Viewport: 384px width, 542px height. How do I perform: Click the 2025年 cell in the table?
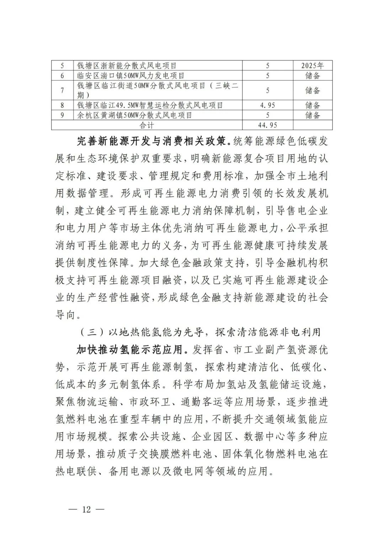pos(312,66)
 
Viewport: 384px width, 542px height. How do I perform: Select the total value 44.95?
pos(268,125)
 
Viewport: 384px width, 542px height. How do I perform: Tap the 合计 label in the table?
pos(146,125)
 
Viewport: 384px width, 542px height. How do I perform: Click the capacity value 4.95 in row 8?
pos(268,105)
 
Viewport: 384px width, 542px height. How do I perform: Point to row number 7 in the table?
pos(62,91)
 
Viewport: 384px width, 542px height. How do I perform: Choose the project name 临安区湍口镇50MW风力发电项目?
pos(131,76)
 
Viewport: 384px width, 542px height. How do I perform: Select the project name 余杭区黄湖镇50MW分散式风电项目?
pos(135,115)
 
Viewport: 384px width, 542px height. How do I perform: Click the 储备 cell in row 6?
pos(313,76)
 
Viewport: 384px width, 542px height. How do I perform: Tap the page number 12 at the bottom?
pos(86,509)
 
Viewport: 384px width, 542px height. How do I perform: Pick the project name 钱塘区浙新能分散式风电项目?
pos(127,66)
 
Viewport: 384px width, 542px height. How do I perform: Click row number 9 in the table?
pos(62,115)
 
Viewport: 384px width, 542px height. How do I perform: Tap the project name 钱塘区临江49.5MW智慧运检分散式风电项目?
pos(150,105)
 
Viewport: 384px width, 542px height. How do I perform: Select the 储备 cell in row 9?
pos(313,115)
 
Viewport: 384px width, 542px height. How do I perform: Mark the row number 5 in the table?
pos(62,66)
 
